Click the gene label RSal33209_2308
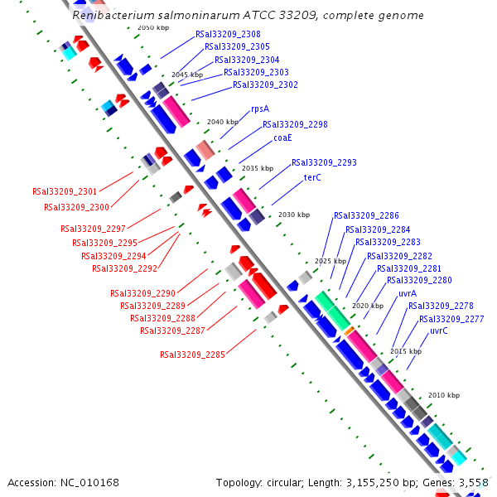click(228, 34)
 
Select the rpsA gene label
click(260, 109)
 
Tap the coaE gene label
click(282, 138)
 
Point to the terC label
click(312, 177)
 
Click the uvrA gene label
click(408, 293)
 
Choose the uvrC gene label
click(439, 331)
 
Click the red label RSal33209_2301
click(65, 191)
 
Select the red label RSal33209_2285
click(192, 355)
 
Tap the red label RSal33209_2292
click(124, 268)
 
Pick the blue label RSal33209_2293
click(324, 162)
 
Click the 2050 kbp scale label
click(152, 28)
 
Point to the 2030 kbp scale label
click(293, 215)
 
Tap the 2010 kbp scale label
click(443, 396)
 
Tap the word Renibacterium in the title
click(110, 16)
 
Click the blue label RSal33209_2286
click(366, 215)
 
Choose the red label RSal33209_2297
click(93, 228)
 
